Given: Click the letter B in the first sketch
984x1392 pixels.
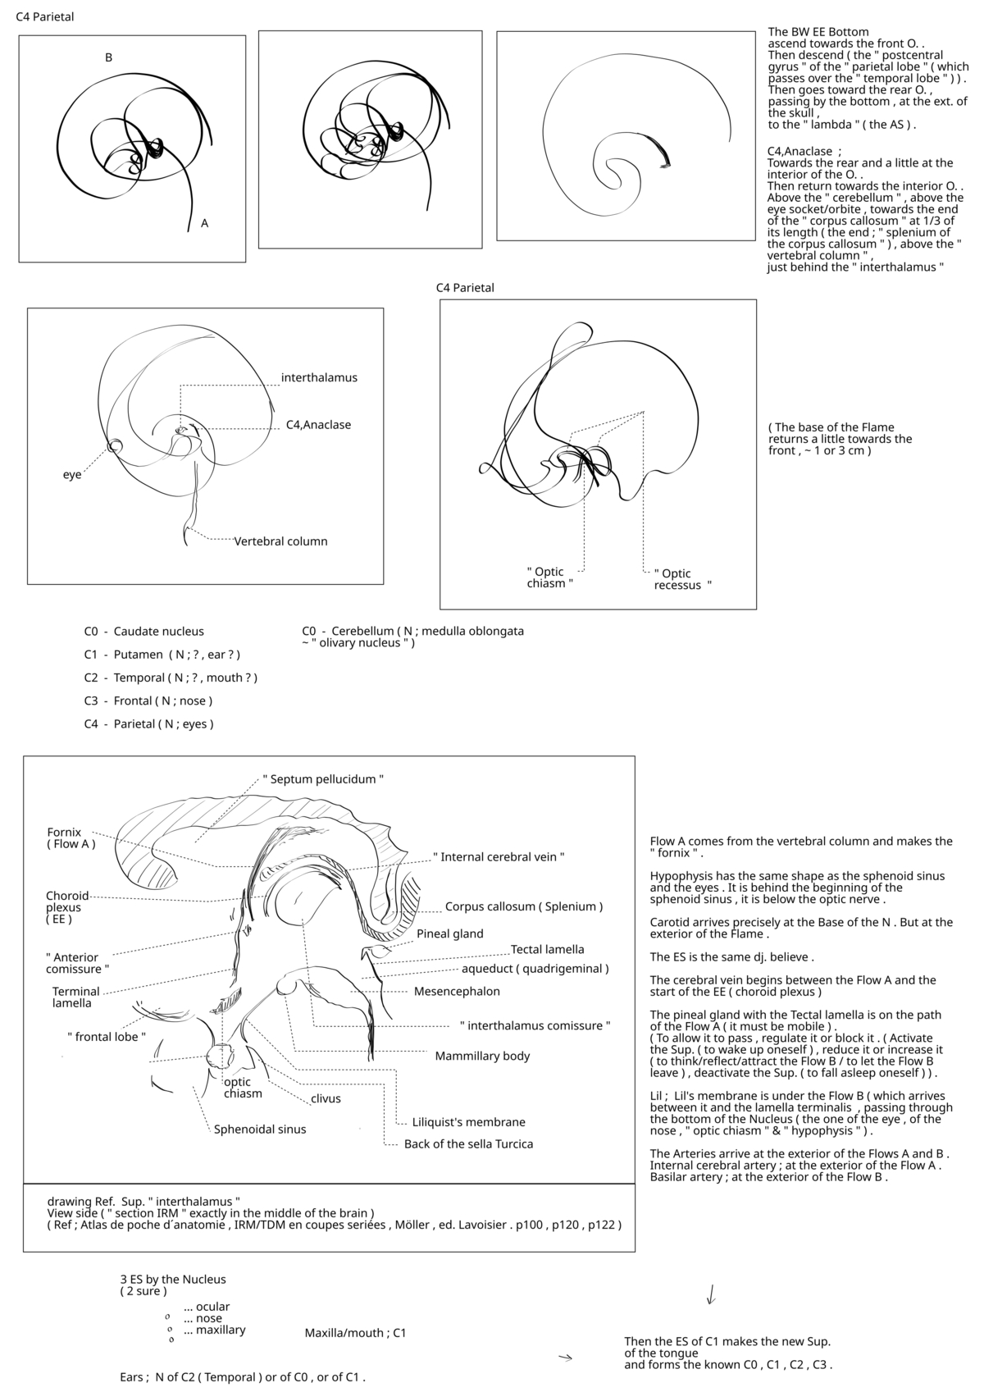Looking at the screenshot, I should pos(108,57).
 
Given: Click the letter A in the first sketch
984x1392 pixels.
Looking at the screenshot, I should pos(204,223).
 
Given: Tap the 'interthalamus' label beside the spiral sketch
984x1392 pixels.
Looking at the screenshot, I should pos(319,378).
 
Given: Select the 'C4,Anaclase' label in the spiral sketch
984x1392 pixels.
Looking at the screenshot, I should pos(318,425).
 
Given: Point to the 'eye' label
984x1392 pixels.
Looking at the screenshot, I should pos(72,475).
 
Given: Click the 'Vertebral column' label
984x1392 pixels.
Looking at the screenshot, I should pos(280,541).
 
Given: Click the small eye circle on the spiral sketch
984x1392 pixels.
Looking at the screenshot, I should pos(115,445).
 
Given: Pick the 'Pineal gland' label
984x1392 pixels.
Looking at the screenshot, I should pos(449,933).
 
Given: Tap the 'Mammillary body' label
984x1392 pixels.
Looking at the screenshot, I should pos(482,1056).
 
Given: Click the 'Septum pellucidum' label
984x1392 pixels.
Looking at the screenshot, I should pos(323,779).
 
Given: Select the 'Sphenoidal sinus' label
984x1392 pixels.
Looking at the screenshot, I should pos(260,1130).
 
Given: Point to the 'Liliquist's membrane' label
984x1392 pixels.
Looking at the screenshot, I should pos(468,1122).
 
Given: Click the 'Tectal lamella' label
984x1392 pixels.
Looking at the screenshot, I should pos(547,950).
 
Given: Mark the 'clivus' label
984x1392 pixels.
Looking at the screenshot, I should pos(326,1099).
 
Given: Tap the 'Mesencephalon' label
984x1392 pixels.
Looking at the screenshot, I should pos(457,991).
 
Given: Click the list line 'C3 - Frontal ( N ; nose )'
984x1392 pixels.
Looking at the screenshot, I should pos(148,701).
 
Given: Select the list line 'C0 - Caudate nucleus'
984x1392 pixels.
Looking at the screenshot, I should pos(144,632).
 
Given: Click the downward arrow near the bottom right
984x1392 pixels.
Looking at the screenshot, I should pos(711,1294).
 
